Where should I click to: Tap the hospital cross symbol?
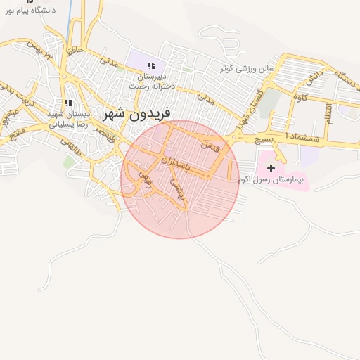[271, 168]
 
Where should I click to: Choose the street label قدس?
[210, 147]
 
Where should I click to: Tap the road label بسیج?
[264, 140]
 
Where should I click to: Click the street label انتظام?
[329, 112]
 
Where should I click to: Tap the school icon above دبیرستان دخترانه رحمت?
[151, 65]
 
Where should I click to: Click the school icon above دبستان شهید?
[67, 103]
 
